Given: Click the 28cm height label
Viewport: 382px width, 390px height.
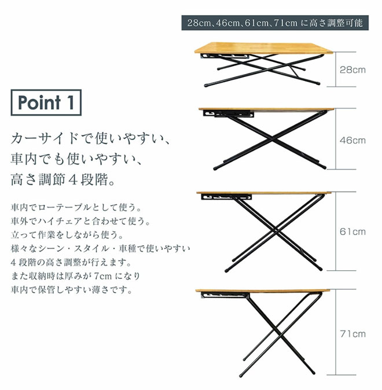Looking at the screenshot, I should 352,69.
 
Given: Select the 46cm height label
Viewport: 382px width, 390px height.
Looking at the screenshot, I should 352,141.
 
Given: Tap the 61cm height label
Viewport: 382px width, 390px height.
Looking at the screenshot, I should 352,231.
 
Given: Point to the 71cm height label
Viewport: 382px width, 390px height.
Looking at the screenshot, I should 352,334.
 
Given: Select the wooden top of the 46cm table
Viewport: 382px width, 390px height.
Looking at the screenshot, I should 266,109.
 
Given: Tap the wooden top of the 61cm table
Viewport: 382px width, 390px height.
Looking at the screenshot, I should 263,193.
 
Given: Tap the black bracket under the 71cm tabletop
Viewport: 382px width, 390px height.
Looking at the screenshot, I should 221,296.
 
